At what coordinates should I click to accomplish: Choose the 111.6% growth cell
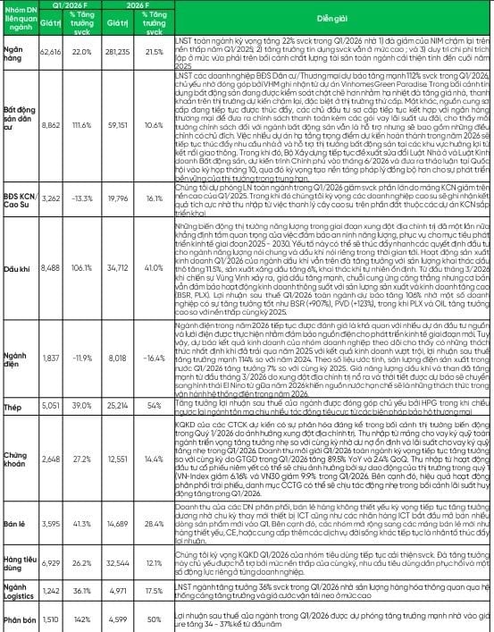(81, 151)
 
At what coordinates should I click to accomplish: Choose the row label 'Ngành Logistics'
(20, 591)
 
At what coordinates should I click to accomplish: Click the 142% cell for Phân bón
(81, 616)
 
